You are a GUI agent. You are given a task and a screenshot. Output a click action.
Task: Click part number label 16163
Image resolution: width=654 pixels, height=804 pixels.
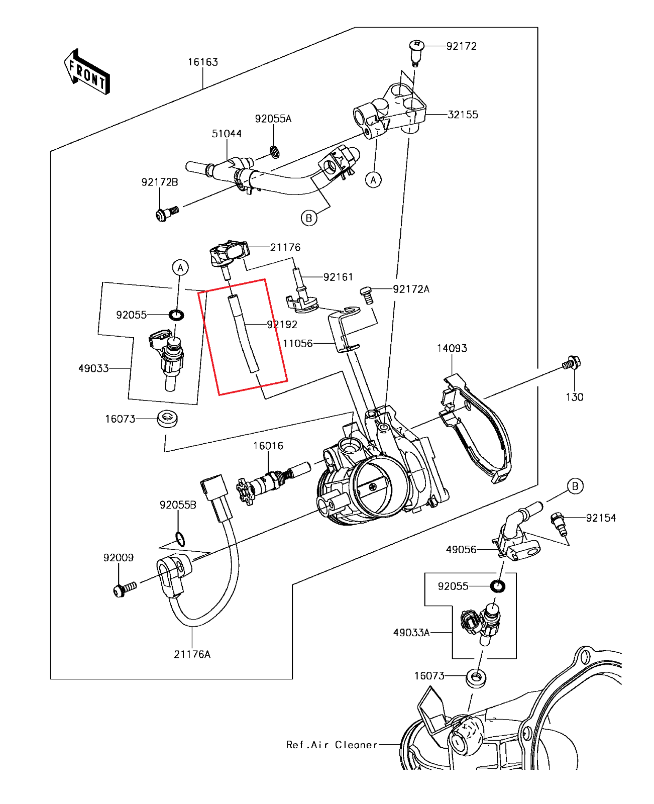pos(203,62)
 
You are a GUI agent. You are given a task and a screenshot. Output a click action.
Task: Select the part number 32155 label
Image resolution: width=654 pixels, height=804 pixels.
pos(463,115)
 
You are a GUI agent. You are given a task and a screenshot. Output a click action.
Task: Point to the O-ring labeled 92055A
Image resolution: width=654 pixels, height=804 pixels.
pos(275,151)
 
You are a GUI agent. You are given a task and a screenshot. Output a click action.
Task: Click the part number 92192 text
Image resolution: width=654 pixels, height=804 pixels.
pos(282,325)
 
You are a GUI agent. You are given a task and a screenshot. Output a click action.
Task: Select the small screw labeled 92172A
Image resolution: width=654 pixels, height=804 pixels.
pos(367,294)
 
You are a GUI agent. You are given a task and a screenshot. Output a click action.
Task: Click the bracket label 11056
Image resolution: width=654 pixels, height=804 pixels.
pos(297,343)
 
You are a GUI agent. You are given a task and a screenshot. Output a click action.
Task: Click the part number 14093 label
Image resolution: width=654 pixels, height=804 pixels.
pos(452,348)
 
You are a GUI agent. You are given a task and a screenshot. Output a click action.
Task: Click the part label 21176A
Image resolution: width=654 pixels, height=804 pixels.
pos(192,654)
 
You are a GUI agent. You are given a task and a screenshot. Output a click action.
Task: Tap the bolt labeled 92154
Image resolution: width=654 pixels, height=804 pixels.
pos(558,522)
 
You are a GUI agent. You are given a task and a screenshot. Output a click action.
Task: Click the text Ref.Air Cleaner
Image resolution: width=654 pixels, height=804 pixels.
pos(332,745)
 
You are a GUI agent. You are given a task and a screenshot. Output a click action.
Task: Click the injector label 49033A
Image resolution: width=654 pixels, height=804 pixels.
pos(411,633)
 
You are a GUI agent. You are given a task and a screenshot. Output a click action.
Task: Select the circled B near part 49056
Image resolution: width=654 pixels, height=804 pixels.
pos(575,486)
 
